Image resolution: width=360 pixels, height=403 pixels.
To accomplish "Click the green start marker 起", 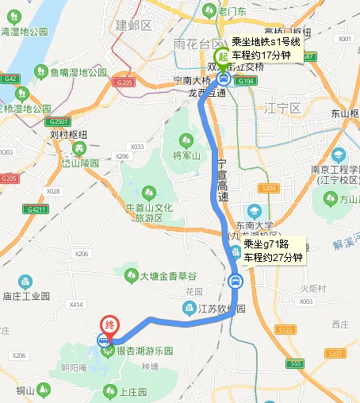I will pyautogui.click(x=223, y=56).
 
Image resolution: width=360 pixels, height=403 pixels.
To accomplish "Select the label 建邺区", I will pyautogui.click(x=132, y=25).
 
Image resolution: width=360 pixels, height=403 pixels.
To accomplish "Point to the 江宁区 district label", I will pyautogui.click(x=283, y=107).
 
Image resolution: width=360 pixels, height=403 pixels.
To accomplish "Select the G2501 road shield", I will pyautogui.click(x=59, y=122).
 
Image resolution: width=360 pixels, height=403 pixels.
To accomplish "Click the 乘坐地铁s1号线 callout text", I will pyautogui.click(x=265, y=43).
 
